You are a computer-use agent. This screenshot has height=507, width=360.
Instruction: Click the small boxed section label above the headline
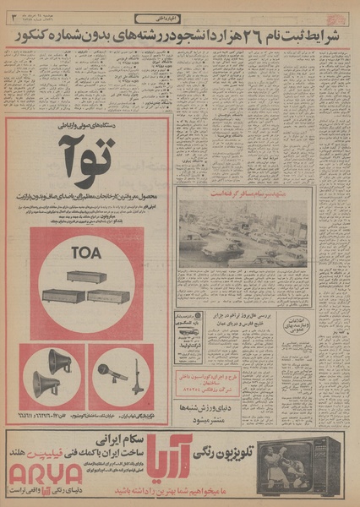pos(179,17)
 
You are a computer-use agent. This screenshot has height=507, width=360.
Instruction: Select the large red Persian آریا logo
pos(165,452)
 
